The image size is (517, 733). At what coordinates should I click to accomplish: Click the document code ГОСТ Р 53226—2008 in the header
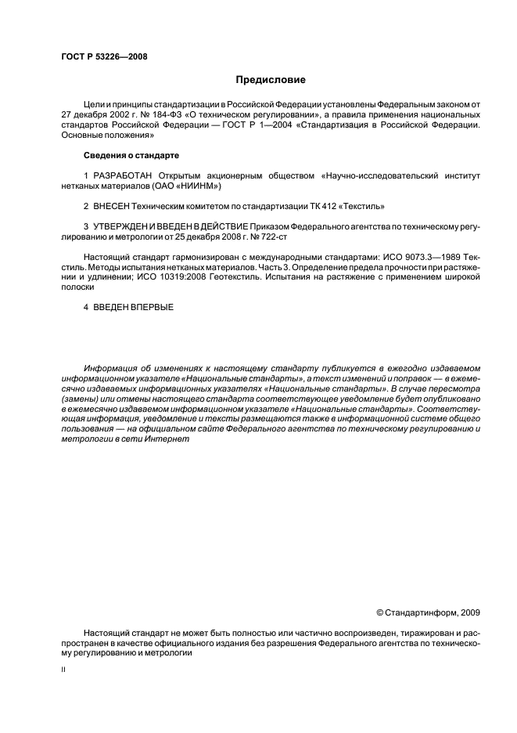tap(103, 57)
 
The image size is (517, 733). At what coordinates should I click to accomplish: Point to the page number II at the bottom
tap(63, 671)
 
